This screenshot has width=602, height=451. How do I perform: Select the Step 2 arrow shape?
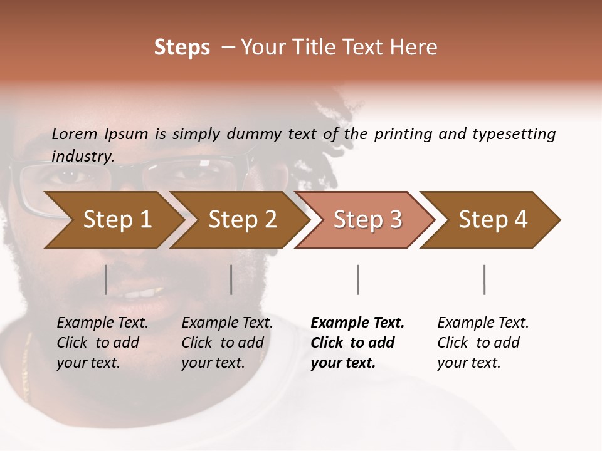click(242, 219)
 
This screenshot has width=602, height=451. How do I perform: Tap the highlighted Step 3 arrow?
click(367, 219)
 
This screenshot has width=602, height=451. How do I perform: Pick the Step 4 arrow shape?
click(493, 219)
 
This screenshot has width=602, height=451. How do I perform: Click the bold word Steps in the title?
click(182, 48)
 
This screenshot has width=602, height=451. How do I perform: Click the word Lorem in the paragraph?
click(75, 133)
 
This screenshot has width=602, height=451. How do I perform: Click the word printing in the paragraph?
click(404, 133)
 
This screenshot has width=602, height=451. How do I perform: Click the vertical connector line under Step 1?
click(106, 279)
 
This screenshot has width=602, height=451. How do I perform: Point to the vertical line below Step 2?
click(231, 279)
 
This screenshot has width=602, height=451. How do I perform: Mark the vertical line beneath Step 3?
click(358, 279)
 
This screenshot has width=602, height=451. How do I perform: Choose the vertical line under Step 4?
click(485, 279)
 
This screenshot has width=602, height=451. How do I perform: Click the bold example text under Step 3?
click(357, 343)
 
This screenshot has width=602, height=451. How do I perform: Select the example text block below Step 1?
click(102, 343)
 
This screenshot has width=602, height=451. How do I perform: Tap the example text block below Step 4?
click(483, 343)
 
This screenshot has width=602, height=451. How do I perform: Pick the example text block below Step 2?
click(227, 343)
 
